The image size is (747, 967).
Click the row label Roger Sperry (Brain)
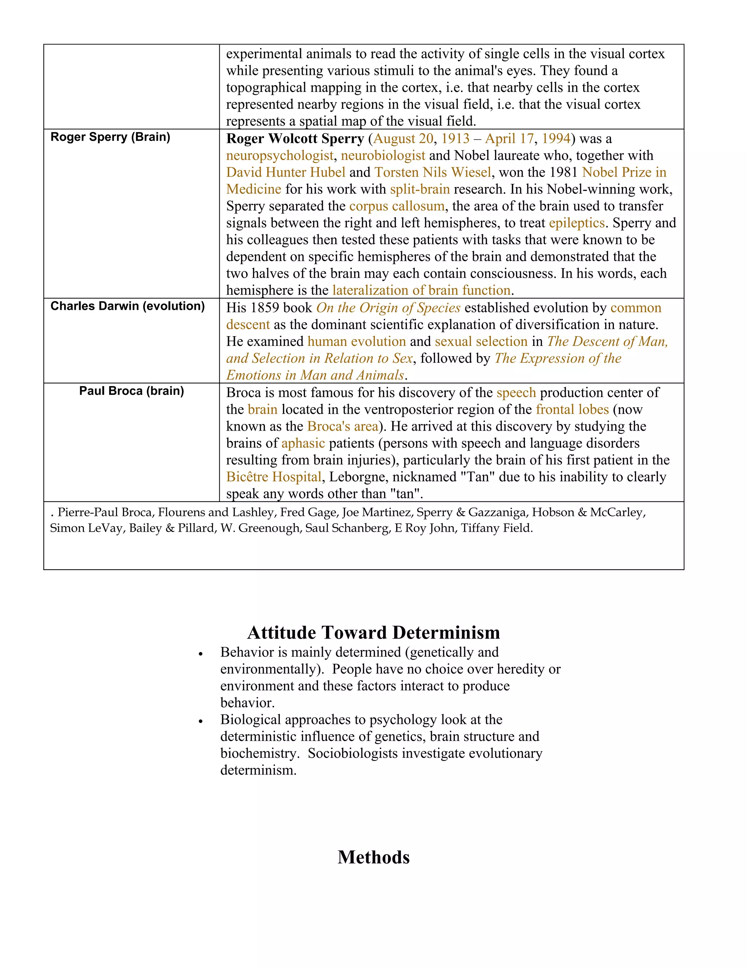(x=110, y=137)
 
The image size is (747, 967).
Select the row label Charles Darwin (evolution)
(x=127, y=306)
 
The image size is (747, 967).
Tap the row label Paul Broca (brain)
(x=131, y=391)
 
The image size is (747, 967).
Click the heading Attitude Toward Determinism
(x=373, y=632)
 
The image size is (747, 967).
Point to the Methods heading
(x=373, y=857)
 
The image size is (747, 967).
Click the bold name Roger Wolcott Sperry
(x=295, y=139)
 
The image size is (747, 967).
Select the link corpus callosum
(x=396, y=206)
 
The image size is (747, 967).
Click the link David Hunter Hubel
(x=286, y=172)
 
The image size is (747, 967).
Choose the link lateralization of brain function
(x=421, y=290)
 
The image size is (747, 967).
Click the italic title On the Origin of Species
(x=388, y=308)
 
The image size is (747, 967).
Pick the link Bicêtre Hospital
(x=274, y=477)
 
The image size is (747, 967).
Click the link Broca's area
(x=342, y=426)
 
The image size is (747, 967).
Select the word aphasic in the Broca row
(x=303, y=443)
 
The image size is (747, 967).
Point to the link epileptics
(x=577, y=223)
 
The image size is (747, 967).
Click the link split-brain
(x=419, y=189)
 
